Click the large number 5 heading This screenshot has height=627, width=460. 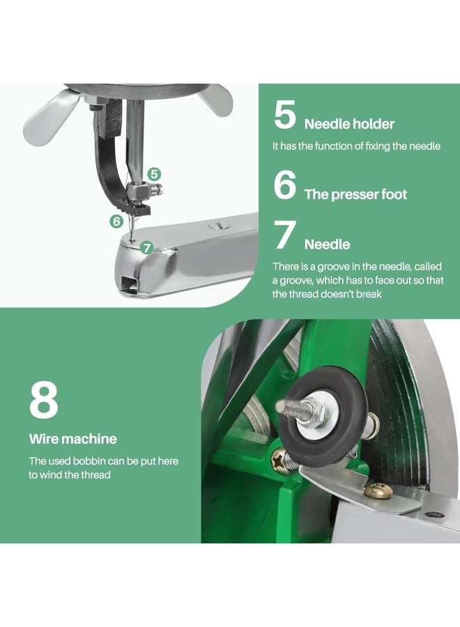[285, 114]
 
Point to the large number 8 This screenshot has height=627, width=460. [44, 400]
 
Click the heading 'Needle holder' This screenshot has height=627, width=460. [349, 124]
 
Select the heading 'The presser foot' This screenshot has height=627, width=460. [355, 194]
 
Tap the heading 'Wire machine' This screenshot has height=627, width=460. [72, 439]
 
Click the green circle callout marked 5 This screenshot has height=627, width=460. [154, 174]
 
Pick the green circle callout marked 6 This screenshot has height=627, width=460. [116, 221]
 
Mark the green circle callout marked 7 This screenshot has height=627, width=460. [147, 248]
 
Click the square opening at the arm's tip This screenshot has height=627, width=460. [130, 285]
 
